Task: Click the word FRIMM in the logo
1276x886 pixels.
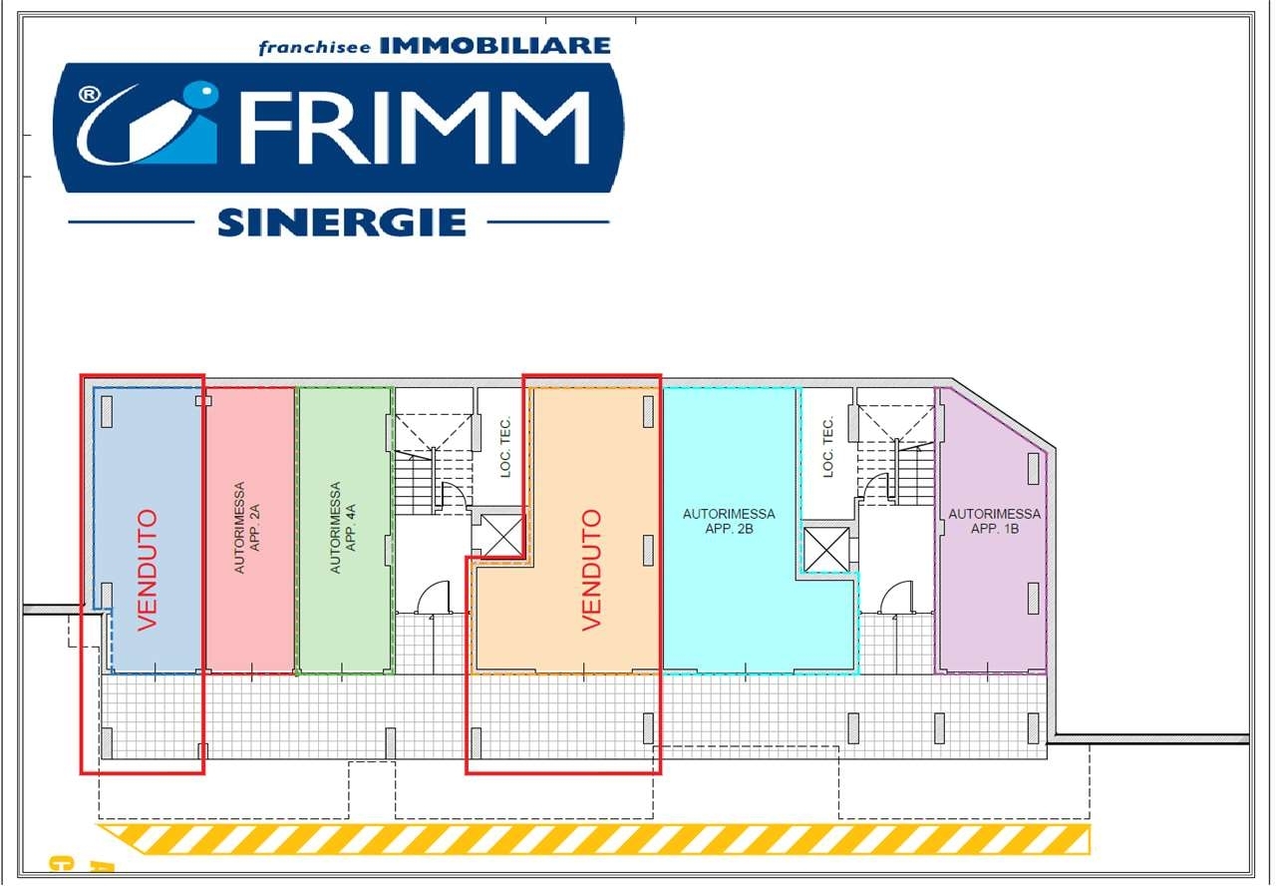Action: (415, 128)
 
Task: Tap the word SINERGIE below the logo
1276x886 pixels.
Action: (342, 222)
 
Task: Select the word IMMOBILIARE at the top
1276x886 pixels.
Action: (495, 46)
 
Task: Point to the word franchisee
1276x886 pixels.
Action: (314, 48)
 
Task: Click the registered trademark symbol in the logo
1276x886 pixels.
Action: (90, 94)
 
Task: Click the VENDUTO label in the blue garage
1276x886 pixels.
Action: (148, 570)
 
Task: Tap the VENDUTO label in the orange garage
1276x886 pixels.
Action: (591, 570)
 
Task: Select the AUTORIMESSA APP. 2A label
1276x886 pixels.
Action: (246, 528)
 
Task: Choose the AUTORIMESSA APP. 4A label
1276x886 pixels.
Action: (343, 528)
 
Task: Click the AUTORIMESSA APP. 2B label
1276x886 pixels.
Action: (729, 521)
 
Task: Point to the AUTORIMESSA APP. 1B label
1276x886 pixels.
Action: (995, 521)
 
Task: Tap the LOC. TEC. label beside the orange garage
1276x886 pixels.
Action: (505, 446)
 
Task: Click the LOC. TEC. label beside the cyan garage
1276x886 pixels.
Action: (828, 446)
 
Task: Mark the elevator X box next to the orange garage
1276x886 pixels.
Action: (501, 536)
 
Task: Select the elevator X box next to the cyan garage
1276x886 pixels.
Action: (826, 549)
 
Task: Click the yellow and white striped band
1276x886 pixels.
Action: (593, 839)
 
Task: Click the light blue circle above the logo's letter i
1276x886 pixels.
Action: (202, 94)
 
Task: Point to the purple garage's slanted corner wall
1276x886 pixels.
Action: (1004, 413)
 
